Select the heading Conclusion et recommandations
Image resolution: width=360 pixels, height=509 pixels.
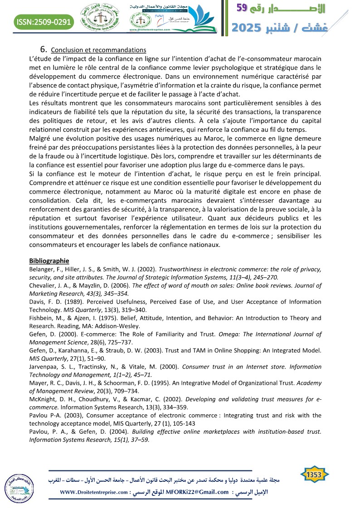(98, 50)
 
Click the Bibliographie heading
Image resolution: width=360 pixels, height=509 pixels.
(49, 261)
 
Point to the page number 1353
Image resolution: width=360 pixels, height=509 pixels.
(315, 474)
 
